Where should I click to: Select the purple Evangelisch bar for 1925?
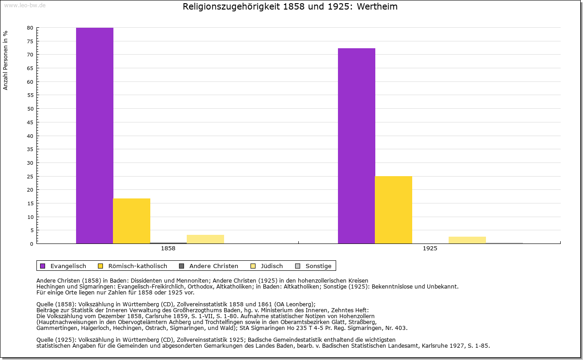[357, 146]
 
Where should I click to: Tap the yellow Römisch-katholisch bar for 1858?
[132, 221]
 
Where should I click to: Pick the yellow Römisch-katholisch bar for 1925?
[394, 210]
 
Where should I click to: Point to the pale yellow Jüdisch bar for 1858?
[205, 239]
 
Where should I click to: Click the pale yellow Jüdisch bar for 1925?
[467, 240]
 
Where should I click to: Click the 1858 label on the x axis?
[168, 249]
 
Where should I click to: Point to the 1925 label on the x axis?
[430, 249]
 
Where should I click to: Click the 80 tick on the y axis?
[30, 28]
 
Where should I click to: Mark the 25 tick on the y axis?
[30, 176]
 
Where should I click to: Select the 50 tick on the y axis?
[30, 109]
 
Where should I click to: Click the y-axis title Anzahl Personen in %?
[5, 60]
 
